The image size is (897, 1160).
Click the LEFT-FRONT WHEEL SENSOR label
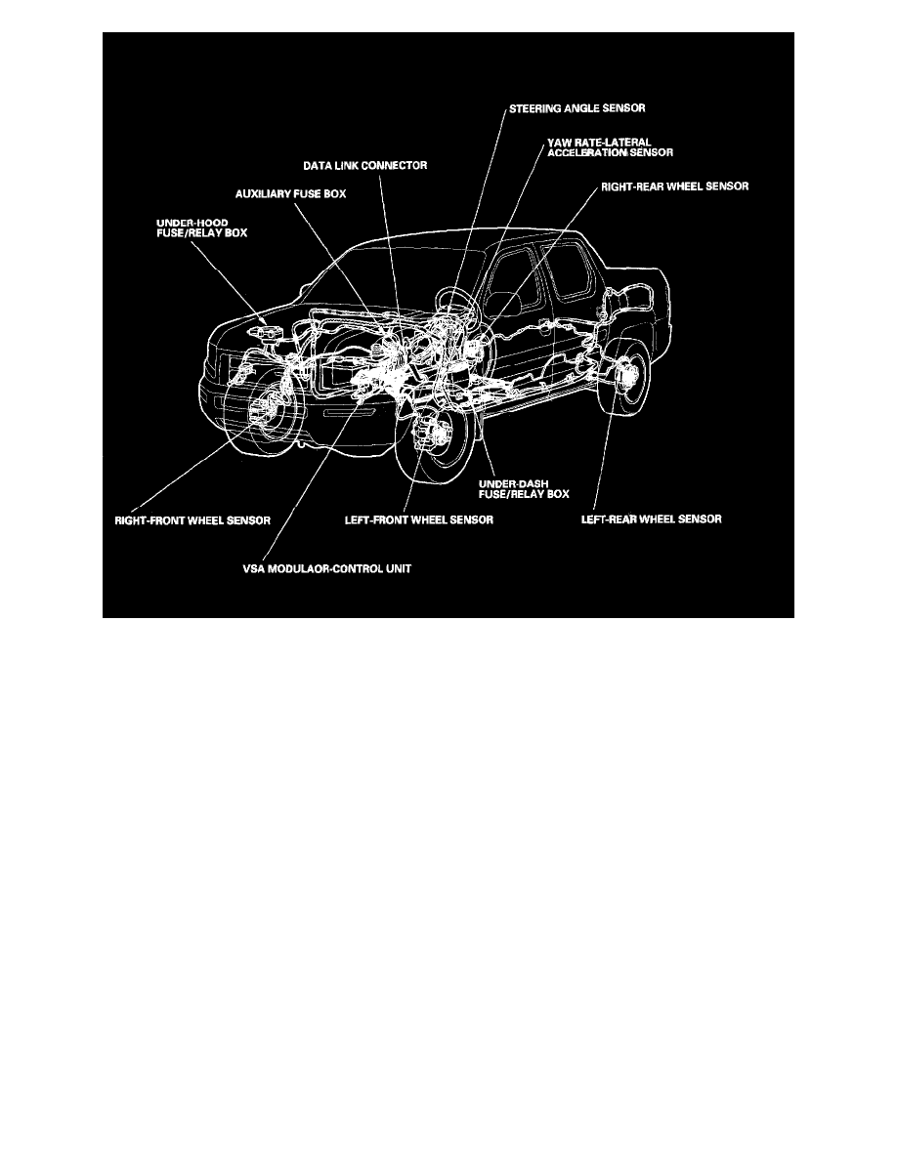coord(419,520)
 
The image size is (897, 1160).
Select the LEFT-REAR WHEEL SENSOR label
coord(651,519)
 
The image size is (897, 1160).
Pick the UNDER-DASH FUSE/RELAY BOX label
coord(523,488)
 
